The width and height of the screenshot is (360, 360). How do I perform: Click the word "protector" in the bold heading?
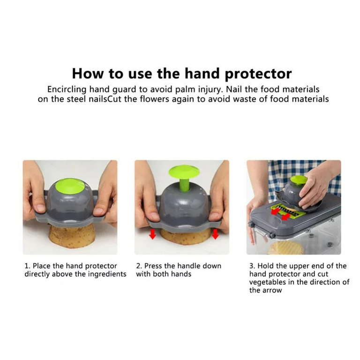[258, 74]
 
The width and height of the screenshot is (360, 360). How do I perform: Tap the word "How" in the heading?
[88, 74]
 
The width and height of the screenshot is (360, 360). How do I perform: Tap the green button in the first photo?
[70, 186]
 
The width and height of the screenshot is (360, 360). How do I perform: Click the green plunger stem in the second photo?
[184, 184]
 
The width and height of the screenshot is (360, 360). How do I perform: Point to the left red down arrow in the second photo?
[152, 234]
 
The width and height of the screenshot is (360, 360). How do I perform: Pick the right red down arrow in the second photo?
[215, 234]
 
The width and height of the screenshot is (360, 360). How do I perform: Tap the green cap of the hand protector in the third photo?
[298, 180]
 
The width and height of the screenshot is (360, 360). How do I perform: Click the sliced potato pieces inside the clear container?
[285, 248]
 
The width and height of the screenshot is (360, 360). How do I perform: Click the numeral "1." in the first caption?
[27, 266]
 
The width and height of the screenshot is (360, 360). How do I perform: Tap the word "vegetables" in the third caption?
[268, 282]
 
